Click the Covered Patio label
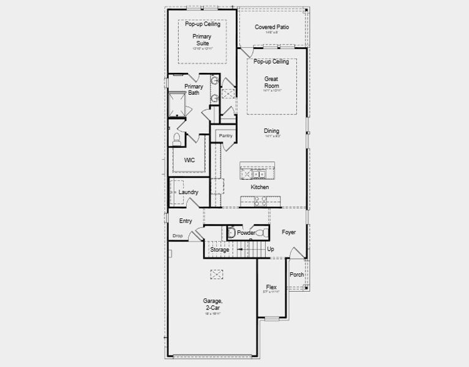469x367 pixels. click(272, 28)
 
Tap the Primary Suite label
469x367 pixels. click(202, 40)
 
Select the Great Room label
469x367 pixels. click(272, 83)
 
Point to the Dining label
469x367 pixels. click(272, 131)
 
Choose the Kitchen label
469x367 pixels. click(260, 187)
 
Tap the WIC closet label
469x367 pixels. click(189, 160)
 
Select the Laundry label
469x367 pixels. click(189, 192)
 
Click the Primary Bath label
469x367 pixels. click(193, 90)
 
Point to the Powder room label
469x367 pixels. click(246, 233)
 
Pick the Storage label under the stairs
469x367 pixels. click(219, 250)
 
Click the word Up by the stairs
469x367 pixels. click(271, 250)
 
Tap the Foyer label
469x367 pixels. click(288, 232)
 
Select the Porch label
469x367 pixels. click(296, 275)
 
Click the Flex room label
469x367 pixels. click(271, 287)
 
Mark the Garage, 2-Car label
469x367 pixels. click(212, 304)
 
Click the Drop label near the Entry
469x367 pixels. click(178, 235)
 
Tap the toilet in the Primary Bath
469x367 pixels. click(177, 138)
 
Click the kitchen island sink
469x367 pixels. click(258, 173)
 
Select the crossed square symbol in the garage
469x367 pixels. click(216, 274)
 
